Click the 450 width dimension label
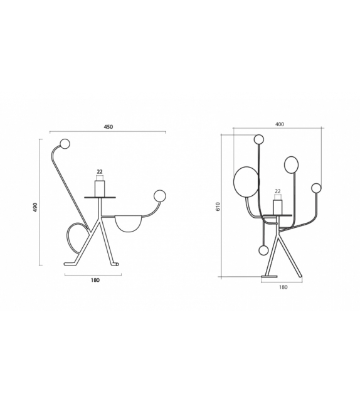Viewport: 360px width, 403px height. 108,127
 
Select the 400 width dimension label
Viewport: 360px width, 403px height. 279,124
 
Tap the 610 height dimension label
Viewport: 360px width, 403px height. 218,205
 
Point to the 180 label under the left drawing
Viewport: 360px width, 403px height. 95,280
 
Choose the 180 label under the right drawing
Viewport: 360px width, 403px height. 282,287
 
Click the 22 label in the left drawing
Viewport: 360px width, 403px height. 100,171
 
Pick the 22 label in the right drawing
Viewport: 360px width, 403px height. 277,191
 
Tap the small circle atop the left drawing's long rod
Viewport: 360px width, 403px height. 65,144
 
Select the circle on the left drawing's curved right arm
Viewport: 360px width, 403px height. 160,195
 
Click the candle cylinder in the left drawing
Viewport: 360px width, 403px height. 100,188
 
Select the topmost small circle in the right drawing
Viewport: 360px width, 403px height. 258,139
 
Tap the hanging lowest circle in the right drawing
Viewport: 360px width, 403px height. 263,250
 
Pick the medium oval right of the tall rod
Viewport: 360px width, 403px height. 291,164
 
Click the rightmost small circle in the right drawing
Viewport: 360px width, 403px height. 316,188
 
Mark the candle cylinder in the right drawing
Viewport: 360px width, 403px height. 278,207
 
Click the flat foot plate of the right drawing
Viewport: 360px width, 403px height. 270,276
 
